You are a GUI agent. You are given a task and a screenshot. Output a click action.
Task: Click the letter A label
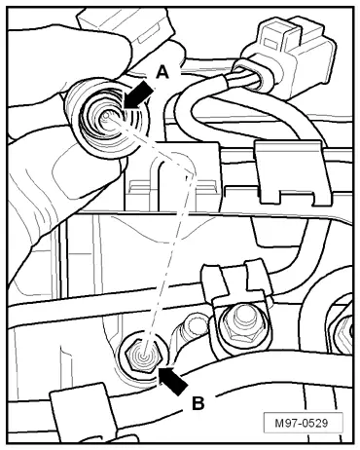[162, 72]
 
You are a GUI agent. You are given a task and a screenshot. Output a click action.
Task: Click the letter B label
[198, 404]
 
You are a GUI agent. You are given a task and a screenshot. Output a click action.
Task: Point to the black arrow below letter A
[138, 95]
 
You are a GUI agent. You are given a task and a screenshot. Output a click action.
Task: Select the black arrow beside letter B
[172, 381]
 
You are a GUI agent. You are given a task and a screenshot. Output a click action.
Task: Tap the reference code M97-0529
[303, 423]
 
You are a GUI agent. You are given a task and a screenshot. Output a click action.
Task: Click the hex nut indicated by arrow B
[144, 356]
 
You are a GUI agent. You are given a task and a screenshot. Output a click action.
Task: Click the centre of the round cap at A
[106, 116]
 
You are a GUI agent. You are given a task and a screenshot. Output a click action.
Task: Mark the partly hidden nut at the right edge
[344, 329]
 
